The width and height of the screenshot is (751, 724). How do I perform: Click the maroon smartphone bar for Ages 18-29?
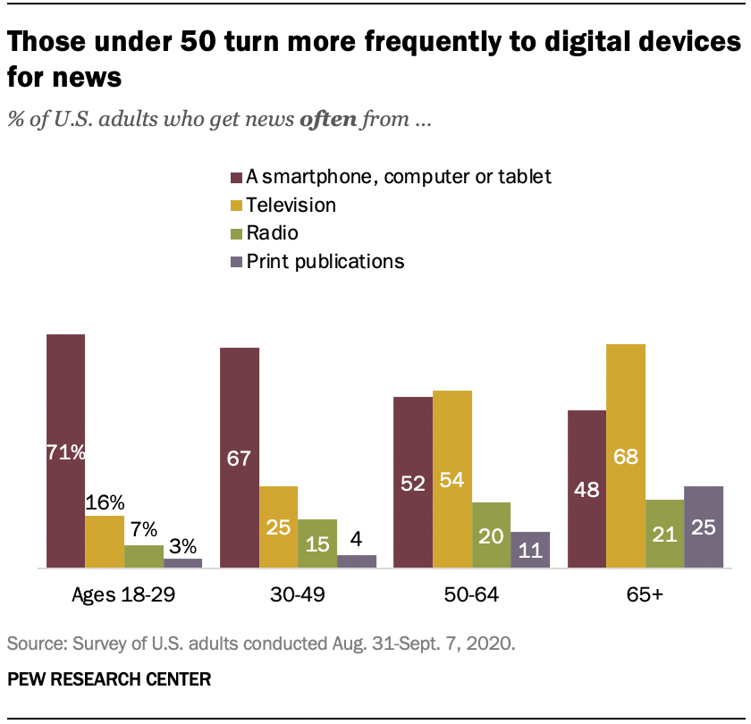(65, 451)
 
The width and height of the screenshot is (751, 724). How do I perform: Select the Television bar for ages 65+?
(626, 456)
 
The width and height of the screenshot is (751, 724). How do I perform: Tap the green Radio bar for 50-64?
(491, 535)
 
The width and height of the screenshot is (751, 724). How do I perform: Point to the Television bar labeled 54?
(452, 479)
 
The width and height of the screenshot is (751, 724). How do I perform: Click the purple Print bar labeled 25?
(703, 527)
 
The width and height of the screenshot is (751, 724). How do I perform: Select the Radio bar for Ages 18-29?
(143, 556)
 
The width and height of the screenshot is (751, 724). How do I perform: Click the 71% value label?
(66, 452)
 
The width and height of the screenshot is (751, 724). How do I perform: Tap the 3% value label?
(183, 544)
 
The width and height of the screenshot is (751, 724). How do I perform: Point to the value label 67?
(238, 459)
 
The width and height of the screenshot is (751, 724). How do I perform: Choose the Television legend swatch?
(237, 206)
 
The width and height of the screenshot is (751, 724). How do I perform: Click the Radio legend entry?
(274, 233)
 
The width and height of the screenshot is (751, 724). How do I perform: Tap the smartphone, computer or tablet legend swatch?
(237, 177)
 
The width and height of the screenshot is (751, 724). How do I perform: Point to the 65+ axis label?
(646, 594)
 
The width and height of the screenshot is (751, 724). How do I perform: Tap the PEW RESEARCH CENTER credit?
(109, 679)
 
